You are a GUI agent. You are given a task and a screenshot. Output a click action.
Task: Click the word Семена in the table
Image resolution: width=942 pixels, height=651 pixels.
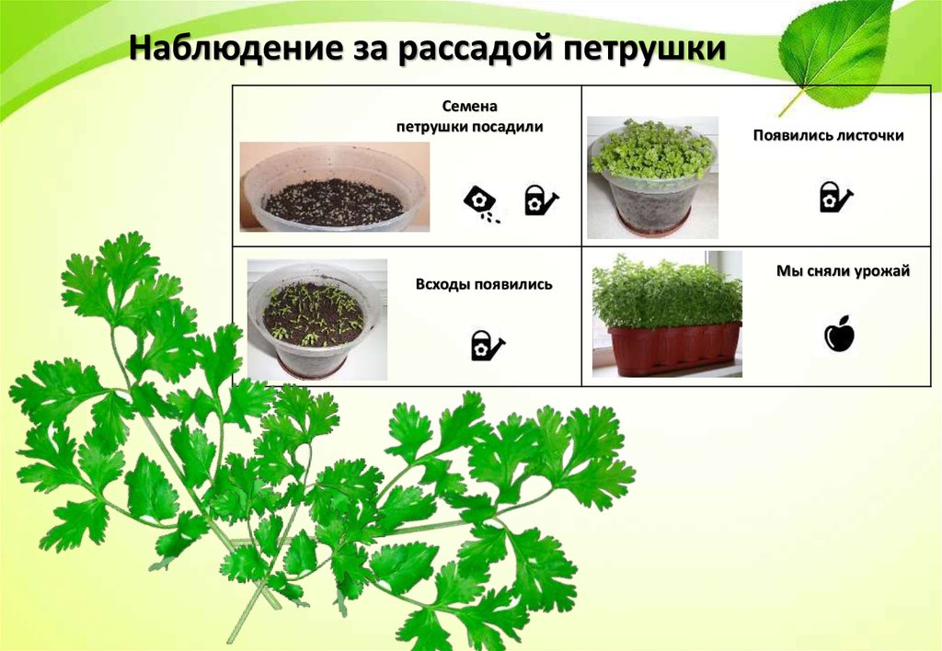pos(470,107)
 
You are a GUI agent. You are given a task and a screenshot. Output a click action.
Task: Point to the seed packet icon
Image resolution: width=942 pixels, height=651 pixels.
pos(482,203)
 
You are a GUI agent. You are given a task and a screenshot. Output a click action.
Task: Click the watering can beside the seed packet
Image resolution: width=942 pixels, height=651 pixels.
pos(540,200)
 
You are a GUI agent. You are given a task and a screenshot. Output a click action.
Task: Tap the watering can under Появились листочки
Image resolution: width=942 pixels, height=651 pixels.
pos(835,197)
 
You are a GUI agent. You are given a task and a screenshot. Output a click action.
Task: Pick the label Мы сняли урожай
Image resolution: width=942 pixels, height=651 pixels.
pos(843,271)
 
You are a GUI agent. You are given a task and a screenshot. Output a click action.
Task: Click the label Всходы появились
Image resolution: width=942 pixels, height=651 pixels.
pos(484,284)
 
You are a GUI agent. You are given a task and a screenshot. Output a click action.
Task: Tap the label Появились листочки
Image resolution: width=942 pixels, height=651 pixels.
pos(829,135)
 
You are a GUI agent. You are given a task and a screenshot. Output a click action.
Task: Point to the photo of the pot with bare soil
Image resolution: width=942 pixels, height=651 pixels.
pos(335,187)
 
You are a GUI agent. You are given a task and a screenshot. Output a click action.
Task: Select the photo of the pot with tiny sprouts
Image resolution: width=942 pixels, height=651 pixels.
pos(317,319)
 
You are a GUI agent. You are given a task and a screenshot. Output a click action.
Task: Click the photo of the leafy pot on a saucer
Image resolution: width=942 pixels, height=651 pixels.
pos(652,177)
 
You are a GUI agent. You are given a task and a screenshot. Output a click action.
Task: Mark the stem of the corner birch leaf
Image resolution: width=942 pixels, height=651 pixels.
pos(791,103)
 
